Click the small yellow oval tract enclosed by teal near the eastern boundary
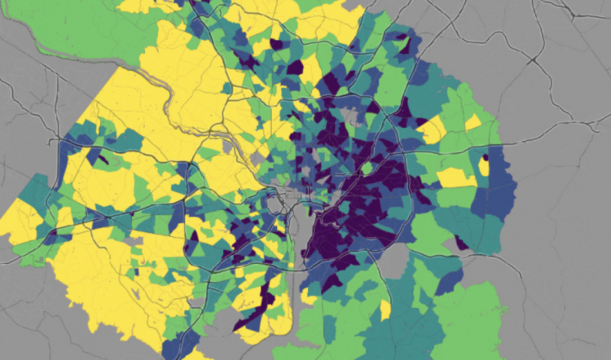(484, 166)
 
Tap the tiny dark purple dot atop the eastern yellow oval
(486, 157)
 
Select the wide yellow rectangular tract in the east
(456, 177)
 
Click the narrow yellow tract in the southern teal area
(385, 310)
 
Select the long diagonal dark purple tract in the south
(259, 302)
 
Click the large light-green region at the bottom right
(481, 318)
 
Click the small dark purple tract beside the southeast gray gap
(461, 241)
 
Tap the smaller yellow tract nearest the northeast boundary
(473, 122)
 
